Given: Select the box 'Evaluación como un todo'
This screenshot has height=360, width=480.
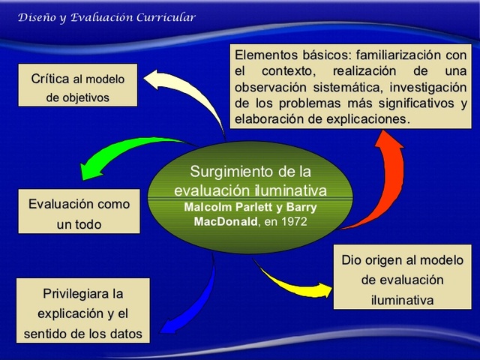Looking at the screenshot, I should tap(79, 214).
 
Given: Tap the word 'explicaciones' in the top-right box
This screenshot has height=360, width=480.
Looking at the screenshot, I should tap(370, 118).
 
